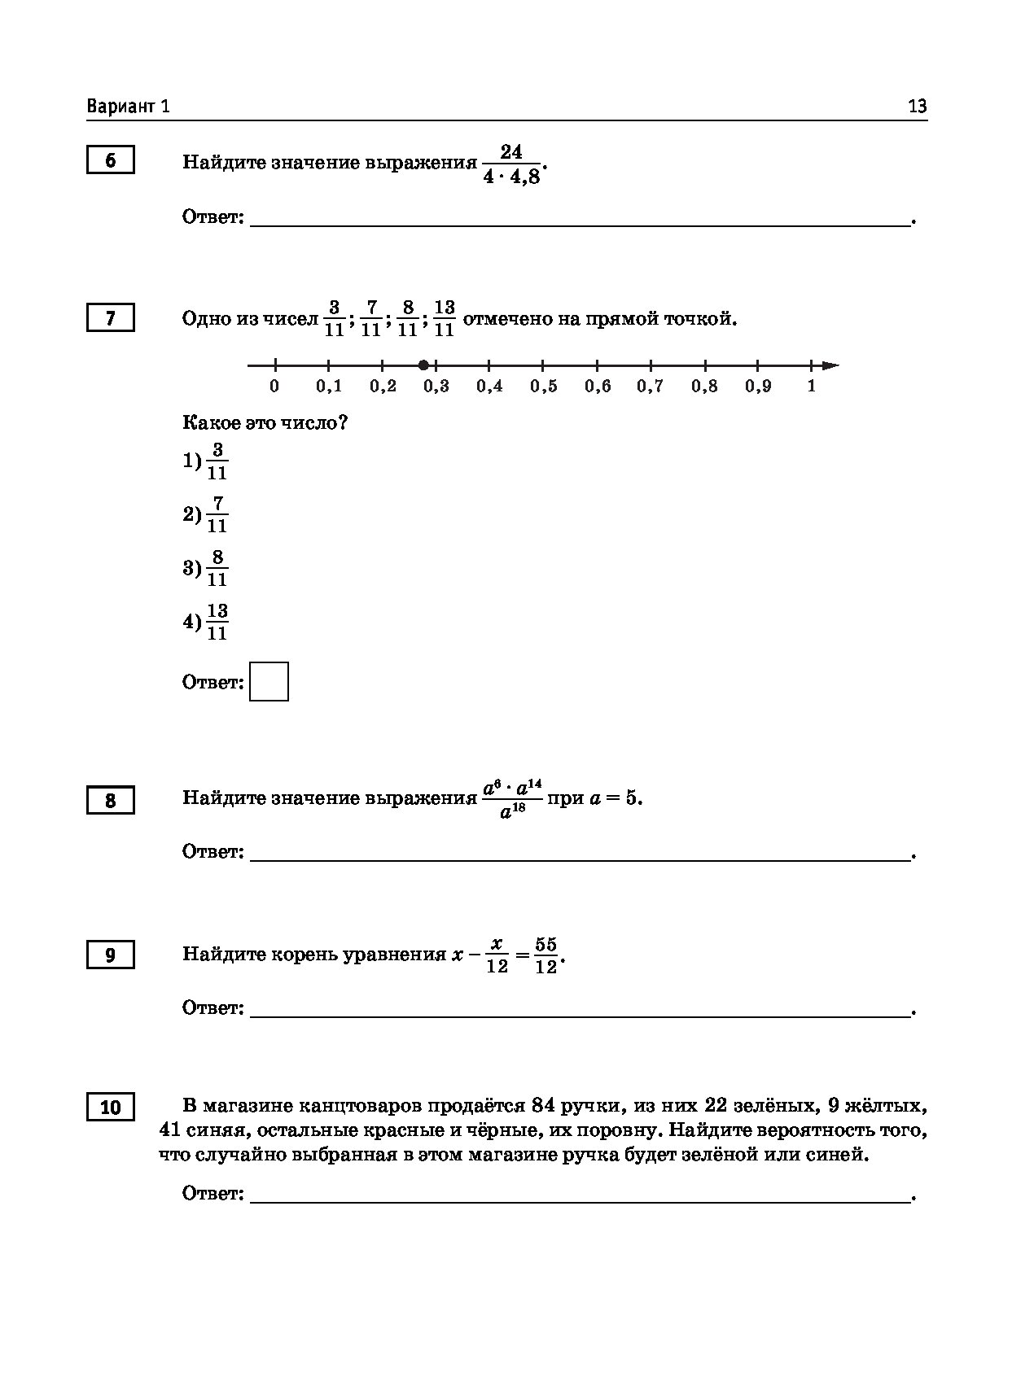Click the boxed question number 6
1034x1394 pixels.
coord(110,160)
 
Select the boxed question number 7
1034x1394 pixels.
coord(110,317)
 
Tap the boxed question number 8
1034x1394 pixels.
coord(110,801)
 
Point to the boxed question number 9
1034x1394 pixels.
coord(110,955)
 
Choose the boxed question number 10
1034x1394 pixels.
coord(110,1108)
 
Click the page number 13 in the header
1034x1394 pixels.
coord(917,107)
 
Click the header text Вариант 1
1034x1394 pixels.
coord(129,107)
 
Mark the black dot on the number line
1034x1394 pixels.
coord(423,365)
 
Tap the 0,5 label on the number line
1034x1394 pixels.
coord(543,387)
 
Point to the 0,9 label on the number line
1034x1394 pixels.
coord(757,387)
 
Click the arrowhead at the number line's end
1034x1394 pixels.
coord(830,365)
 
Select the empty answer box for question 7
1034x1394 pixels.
coord(269,682)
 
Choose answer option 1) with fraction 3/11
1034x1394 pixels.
coord(206,461)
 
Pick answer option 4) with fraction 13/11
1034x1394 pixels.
coord(206,622)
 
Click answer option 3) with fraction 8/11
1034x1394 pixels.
coord(206,568)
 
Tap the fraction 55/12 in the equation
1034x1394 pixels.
coord(545,955)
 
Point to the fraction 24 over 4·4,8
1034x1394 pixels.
coord(511,164)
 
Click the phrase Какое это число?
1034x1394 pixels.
coord(265,423)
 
